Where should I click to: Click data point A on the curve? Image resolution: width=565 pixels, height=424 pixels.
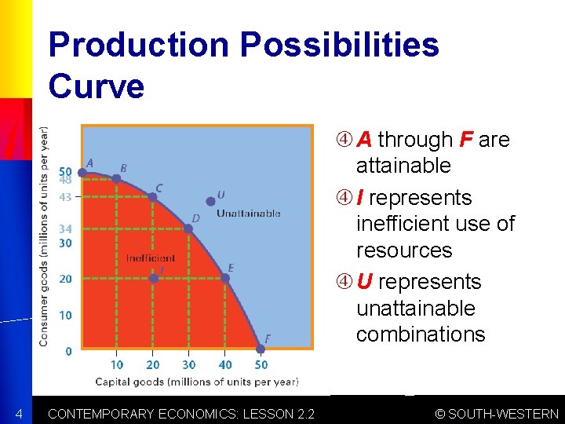pyautogui.click(x=82, y=173)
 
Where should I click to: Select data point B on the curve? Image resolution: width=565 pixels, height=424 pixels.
pyautogui.click(x=116, y=179)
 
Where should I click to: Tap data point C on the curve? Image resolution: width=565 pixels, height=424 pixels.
pyautogui.click(x=153, y=196)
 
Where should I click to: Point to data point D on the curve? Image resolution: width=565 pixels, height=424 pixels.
pyautogui.click(x=188, y=228)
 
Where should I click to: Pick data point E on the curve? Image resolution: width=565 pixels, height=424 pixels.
pyautogui.click(x=225, y=278)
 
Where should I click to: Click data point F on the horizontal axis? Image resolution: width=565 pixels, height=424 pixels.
pyautogui.click(x=261, y=349)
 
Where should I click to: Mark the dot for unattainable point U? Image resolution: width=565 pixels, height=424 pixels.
pyautogui.click(x=210, y=202)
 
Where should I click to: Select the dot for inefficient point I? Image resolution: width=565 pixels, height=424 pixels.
pyautogui.click(x=153, y=278)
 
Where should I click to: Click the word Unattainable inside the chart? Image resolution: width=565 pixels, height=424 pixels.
pyautogui.click(x=248, y=214)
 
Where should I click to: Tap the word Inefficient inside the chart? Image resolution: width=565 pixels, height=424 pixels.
pyautogui.click(x=151, y=258)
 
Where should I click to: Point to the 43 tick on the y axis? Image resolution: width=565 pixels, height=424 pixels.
pyautogui.click(x=65, y=197)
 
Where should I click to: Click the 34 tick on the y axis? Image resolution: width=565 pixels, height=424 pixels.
pyautogui.click(x=65, y=229)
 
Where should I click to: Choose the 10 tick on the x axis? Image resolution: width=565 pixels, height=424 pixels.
pyautogui.click(x=116, y=364)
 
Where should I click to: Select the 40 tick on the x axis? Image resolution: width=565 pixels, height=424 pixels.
pyautogui.click(x=225, y=364)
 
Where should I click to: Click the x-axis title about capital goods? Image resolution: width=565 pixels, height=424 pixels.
pyautogui.click(x=196, y=382)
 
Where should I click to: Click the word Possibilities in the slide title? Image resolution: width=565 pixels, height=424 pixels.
pyautogui.click(x=339, y=45)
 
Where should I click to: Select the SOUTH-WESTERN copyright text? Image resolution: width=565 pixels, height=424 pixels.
pyautogui.click(x=498, y=414)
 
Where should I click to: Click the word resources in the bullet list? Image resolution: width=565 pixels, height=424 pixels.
pyautogui.click(x=404, y=250)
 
